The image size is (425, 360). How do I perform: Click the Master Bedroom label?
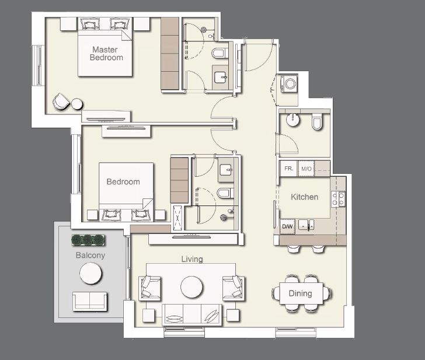click(106, 54)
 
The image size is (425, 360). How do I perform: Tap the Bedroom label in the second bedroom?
click(123, 181)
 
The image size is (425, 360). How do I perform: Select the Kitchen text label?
click(304, 197)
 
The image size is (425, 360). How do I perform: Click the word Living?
click(191, 259)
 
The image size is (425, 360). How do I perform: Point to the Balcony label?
click(90, 256)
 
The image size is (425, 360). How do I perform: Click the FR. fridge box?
click(288, 169)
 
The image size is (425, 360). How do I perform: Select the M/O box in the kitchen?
click(306, 169)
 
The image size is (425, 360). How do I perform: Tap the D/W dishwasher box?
click(287, 226)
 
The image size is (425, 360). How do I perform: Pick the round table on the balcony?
click(90, 273)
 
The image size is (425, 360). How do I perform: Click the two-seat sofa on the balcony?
click(90, 300)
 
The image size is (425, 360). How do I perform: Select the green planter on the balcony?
click(88, 240)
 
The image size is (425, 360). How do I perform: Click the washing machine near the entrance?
click(289, 85)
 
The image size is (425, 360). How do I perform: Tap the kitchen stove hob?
click(338, 199)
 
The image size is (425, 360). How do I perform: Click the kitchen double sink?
click(306, 225)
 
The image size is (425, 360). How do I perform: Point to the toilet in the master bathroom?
click(219, 54)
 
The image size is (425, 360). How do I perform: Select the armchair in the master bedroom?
click(61, 102)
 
